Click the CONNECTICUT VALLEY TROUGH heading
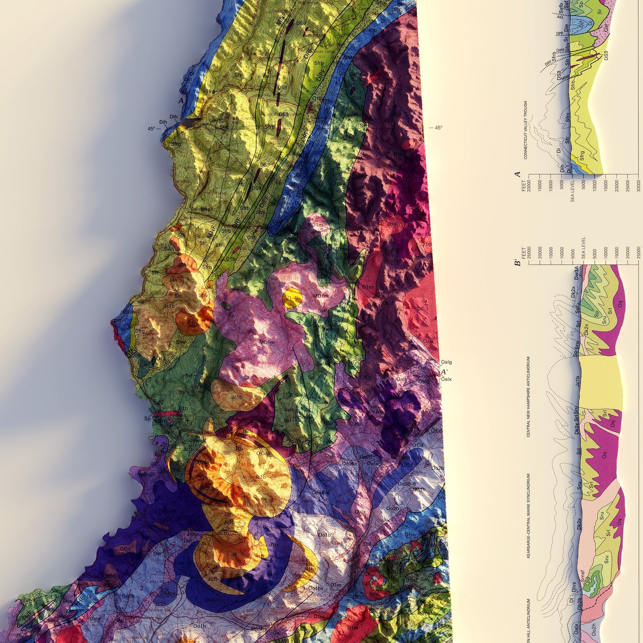click(x=525, y=129)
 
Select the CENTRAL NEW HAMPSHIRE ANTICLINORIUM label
click(x=529, y=396)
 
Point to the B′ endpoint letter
click(x=518, y=263)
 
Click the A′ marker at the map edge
click(x=444, y=372)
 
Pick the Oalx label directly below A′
click(x=446, y=379)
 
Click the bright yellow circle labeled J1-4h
click(x=292, y=298)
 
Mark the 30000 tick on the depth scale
click(x=639, y=184)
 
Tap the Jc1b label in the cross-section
click(x=577, y=382)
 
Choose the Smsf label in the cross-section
click(x=582, y=576)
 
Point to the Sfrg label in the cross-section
click(x=582, y=156)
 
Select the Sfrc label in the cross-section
click(x=568, y=117)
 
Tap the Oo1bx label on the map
click(x=316, y=588)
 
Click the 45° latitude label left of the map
click(x=151, y=129)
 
